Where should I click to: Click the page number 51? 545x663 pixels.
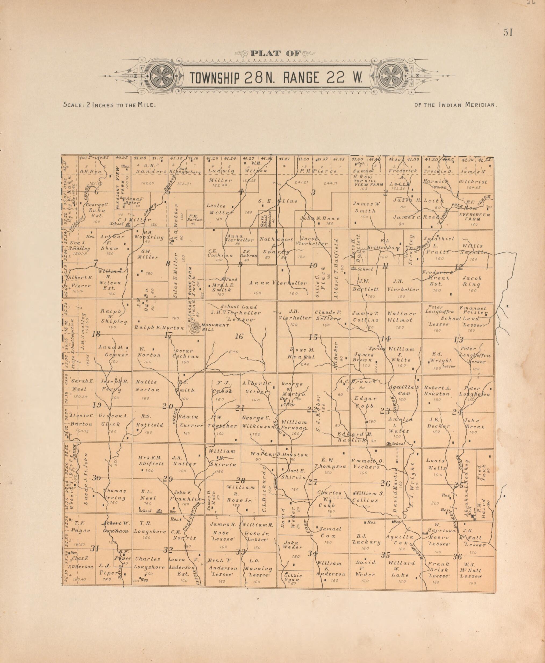click(508, 33)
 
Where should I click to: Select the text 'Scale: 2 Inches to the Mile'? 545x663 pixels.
click(109, 105)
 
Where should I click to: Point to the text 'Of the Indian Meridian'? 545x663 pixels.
click(455, 105)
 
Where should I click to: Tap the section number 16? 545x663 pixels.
click(239, 336)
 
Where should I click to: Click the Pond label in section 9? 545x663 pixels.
click(233, 279)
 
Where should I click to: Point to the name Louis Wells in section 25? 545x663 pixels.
click(436, 464)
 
